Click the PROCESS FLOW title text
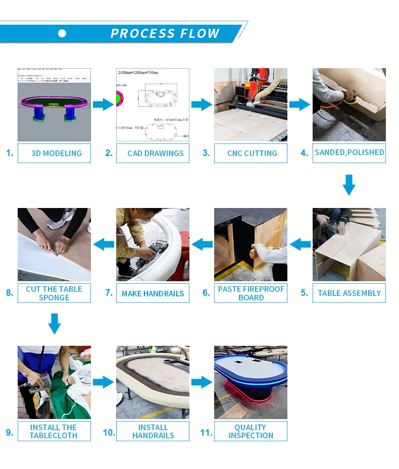[165, 34]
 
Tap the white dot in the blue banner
[62, 33]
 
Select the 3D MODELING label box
[54, 153]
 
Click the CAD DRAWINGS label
[153, 153]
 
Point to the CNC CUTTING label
[251, 153]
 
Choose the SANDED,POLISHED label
[349, 152]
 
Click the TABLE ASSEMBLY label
[349, 293]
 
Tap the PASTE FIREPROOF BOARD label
[251, 293]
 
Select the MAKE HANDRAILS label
[153, 293]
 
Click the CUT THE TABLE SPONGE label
[54, 293]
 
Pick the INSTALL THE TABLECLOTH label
[54, 431]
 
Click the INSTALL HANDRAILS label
[153, 431]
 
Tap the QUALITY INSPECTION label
[251, 431]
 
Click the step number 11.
[206, 433]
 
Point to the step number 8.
[10, 293]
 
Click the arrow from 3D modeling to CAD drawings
[104, 105]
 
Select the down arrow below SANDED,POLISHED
[349, 185]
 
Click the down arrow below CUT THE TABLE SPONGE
[54, 324]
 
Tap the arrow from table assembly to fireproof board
[300, 244]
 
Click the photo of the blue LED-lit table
[251, 382]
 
